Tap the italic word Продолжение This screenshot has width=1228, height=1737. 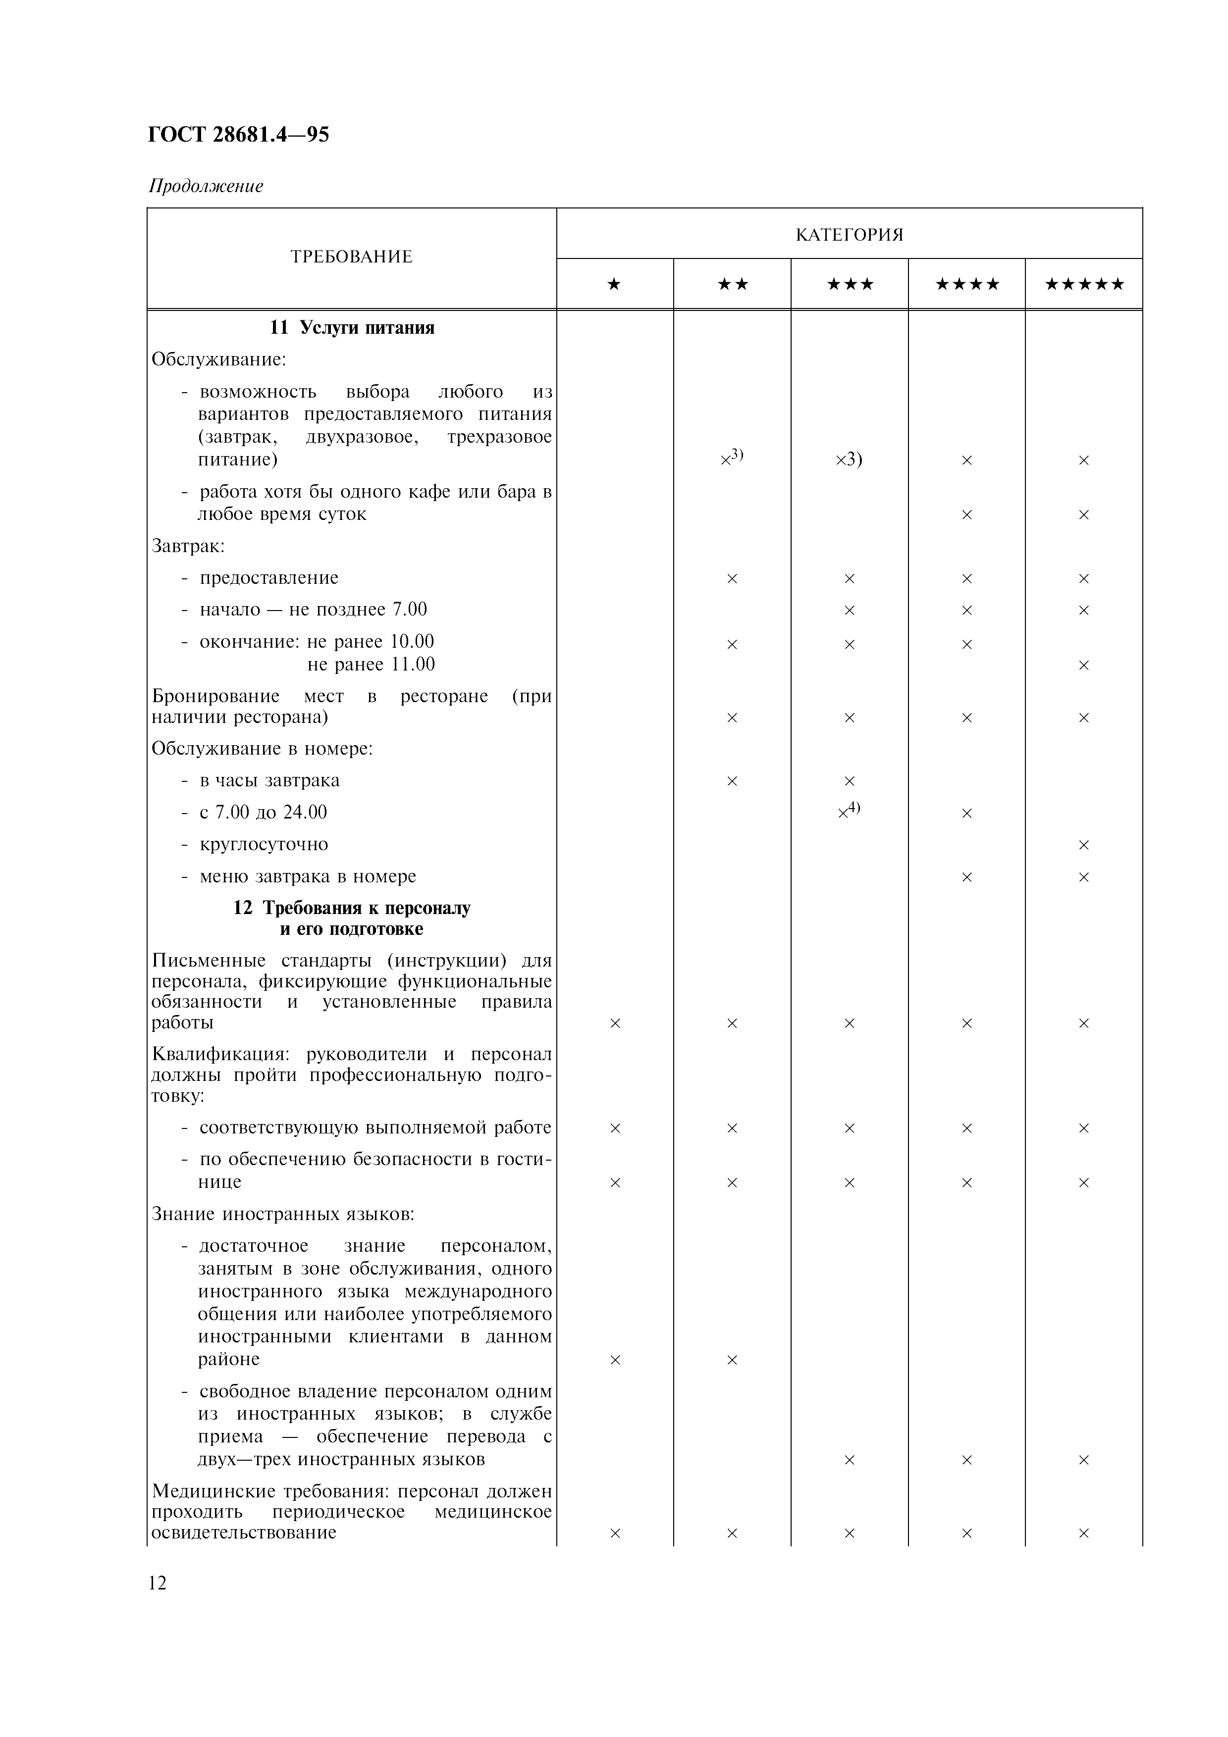click(x=206, y=186)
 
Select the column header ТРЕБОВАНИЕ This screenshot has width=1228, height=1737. click(x=351, y=256)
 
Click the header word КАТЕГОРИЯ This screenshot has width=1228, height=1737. click(x=849, y=235)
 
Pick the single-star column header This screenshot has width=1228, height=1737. click(x=614, y=284)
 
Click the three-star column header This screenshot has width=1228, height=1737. click(x=849, y=284)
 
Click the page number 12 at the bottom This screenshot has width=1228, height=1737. click(x=158, y=1583)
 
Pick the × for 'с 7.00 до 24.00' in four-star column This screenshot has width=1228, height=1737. click(x=966, y=813)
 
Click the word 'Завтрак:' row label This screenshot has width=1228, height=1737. click(x=188, y=546)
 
